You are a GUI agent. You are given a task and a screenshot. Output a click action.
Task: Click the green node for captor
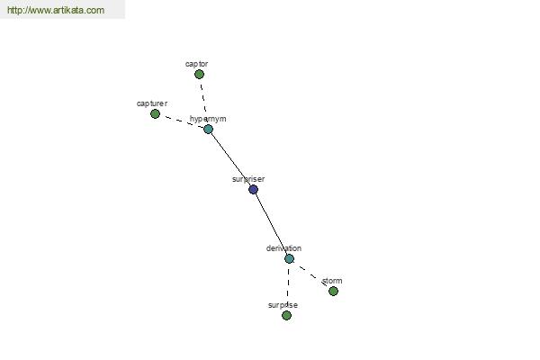[x=199, y=75]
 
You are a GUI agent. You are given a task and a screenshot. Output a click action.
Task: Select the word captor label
[x=196, y=64]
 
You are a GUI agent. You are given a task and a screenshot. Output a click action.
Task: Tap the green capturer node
[x=155, y=114]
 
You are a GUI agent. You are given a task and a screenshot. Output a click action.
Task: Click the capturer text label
[x=152, y=103]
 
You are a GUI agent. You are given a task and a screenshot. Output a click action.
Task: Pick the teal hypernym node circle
[x=208, y=130]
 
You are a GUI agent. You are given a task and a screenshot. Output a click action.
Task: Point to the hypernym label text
[x=209, y=119]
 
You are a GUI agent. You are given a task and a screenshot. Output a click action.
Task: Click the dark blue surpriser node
[x=253, y=189]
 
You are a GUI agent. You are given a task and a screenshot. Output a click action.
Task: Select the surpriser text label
[x=248, y=179]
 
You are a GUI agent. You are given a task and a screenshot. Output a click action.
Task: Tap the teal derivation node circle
[x=289, y=258]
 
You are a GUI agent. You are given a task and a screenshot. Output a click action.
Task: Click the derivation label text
[x=283, y=248]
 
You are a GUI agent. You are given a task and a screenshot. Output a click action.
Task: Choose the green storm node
[x=333, y=291]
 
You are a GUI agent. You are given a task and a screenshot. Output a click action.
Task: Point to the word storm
[x=332, y=281]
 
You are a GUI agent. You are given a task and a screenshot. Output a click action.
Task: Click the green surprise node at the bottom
[x=286, y=316]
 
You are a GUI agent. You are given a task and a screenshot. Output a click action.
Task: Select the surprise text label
[x=283, y=305]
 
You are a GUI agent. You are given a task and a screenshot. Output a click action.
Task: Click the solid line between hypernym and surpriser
[x=230, y=159]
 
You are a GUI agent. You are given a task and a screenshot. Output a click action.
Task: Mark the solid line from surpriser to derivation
[x=271, y=224]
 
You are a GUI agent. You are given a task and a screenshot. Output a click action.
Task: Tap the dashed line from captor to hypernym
[x=203, y=102]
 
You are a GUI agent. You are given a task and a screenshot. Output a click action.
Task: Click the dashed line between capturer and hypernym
[x=182, y=121]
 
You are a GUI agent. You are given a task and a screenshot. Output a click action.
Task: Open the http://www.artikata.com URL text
[x=55, y=11]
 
